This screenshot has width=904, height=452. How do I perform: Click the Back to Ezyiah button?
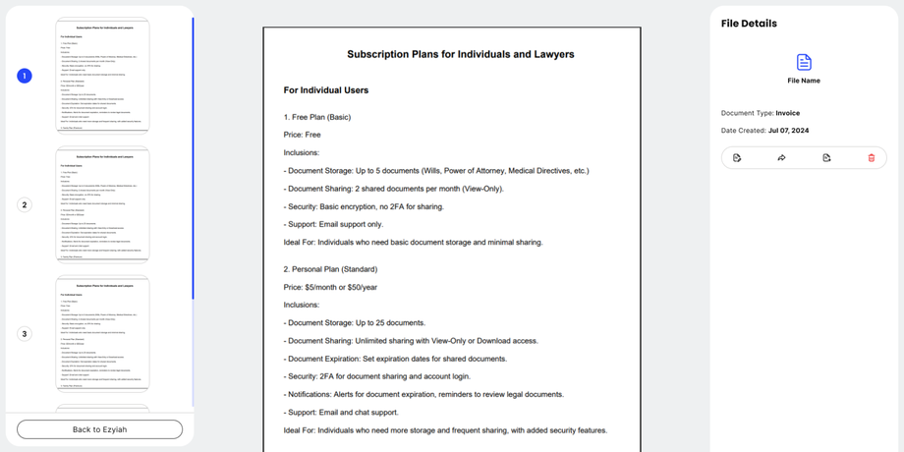99,429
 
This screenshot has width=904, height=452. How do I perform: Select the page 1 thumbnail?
102,76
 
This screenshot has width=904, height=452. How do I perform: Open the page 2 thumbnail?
102,204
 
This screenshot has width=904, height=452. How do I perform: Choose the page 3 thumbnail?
102,333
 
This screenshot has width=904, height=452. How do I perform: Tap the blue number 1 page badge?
25,76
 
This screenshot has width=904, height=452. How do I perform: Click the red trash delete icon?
871,157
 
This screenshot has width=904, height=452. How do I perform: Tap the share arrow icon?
781,157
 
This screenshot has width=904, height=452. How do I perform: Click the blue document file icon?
804,62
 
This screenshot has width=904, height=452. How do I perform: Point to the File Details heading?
749,24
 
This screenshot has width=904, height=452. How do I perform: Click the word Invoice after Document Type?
788,113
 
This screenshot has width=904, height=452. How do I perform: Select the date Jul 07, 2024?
788,131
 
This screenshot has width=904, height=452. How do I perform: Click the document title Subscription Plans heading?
460,54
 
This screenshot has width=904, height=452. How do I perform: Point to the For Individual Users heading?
326,90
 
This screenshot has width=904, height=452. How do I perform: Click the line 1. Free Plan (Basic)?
317,117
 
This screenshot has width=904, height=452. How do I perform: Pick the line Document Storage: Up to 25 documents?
356,322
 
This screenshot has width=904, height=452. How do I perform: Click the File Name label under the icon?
804,81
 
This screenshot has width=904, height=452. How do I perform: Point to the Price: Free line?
303,135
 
